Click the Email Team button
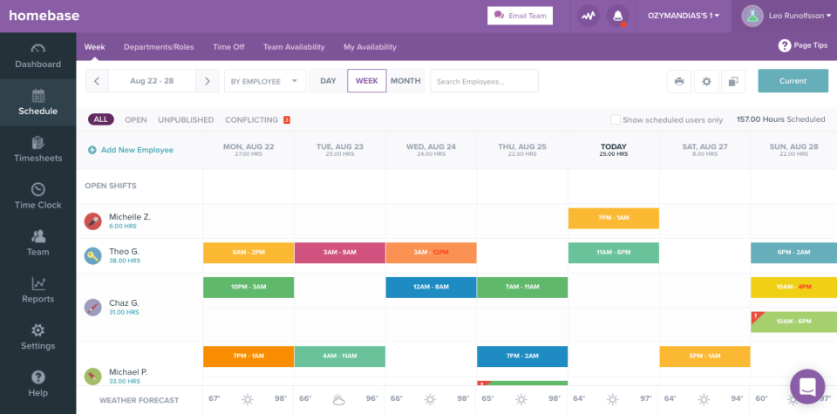coord(520,16)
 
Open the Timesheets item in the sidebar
coord(37,149)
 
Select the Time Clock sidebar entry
coord(37,196)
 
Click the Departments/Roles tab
coord(159,47)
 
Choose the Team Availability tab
coord(294,47)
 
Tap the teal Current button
coord(793,81)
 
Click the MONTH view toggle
coord(405,81)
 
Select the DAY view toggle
coord(328,81)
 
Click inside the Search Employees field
coord(484,81)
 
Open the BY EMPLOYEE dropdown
coord(264,81)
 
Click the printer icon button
coord(679,82)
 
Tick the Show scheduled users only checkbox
coord(616,120)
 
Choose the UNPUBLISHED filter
coord(186,120)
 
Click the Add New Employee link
coord(137,150)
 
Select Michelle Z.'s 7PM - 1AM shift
coord(613,218)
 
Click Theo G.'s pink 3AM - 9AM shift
coord(339,253)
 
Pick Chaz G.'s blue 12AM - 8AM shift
coord(431,288)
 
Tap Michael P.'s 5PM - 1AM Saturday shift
coord(704,356)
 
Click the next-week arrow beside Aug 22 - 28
coord(207,81)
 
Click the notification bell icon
coord(618,16)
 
